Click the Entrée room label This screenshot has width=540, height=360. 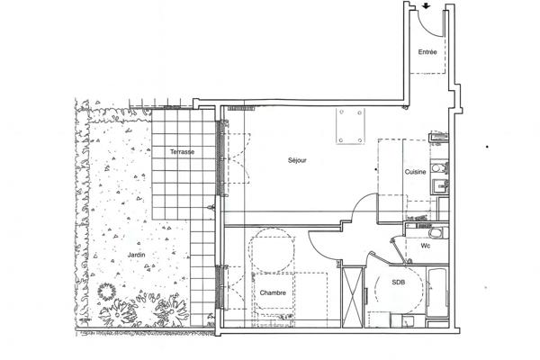point(428,52)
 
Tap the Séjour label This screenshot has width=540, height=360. point(298,161)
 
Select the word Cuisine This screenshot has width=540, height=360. point(415,171)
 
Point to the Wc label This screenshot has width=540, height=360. point(426,245)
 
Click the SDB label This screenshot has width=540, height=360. point(398,282)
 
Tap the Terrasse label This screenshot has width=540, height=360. point(182,152)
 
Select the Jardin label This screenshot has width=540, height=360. point(137,256)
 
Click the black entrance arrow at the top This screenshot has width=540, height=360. point(426,5)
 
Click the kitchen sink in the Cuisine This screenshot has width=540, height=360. point(438,187)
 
